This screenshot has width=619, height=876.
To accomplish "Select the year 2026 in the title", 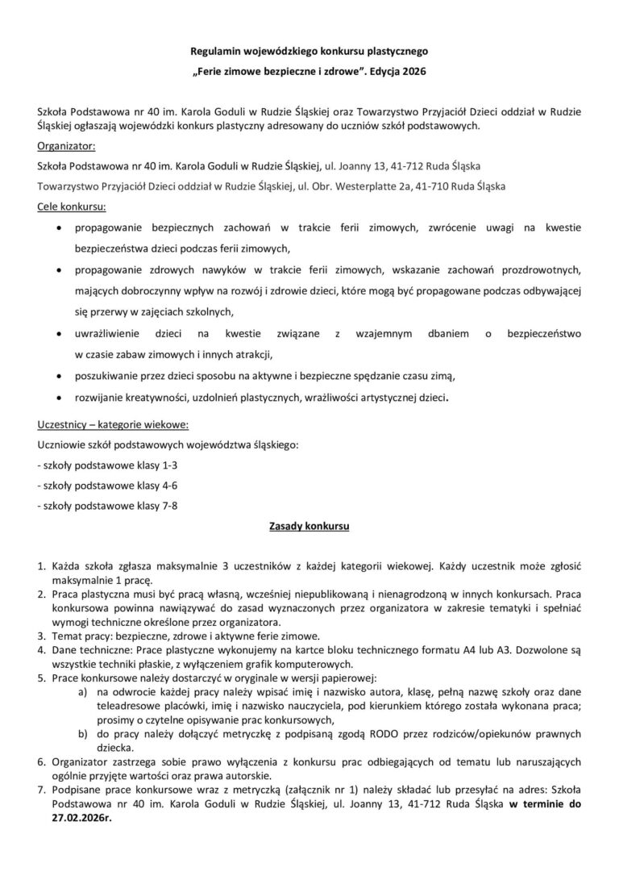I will pyautogui.click(x=411, y=72).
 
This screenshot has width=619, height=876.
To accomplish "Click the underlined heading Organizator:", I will pyautogui.click(x=67, y=146).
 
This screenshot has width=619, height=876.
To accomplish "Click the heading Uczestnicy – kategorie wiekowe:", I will pyautogui.click(x=114, y=425).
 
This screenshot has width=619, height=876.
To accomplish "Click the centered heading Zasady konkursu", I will pyautogui.click(x=309, y=527).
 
